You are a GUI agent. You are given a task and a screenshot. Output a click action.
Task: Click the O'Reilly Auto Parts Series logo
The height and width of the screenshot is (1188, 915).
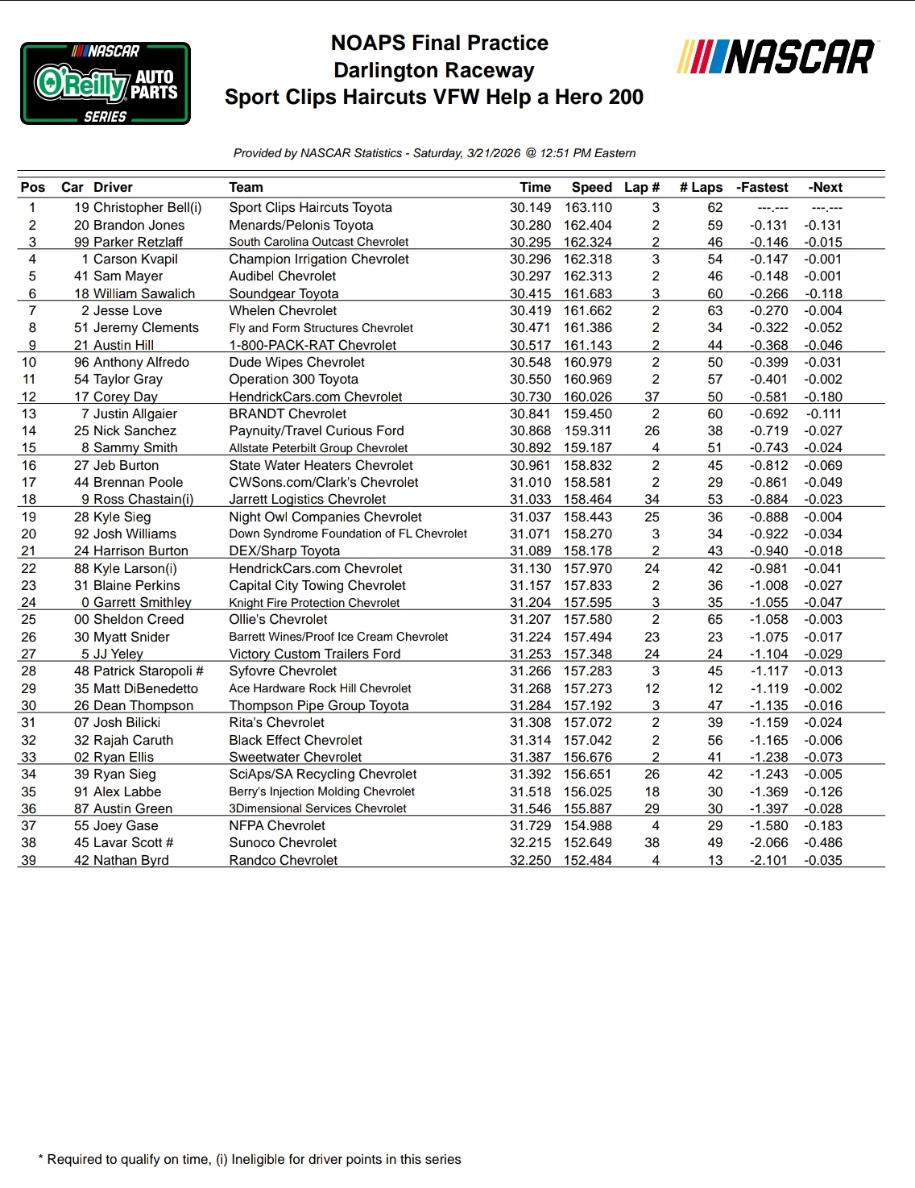(x=106, y=84)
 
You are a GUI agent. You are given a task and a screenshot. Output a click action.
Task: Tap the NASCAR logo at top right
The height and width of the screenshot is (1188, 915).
(x=777, y=57)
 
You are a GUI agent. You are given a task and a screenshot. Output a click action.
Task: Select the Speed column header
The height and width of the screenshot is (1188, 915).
(x=591, y=188)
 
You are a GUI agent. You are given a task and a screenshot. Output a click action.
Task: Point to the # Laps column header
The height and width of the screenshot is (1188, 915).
(x=701, y=188)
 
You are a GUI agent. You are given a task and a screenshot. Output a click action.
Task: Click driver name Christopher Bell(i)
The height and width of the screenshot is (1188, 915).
(x=147, y=208)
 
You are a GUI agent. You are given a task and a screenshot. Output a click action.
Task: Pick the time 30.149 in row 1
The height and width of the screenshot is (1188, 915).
(x=530, y=208)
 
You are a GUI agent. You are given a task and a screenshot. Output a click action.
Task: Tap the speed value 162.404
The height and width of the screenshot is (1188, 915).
(x=587, y=226)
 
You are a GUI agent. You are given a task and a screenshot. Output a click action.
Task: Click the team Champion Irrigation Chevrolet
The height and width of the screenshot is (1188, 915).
(x=318, y=260)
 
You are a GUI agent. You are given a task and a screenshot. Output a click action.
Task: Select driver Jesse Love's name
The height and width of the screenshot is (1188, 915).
(x=127, y=311)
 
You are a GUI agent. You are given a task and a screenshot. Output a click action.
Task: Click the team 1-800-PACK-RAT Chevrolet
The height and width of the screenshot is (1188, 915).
(x=313, y=346)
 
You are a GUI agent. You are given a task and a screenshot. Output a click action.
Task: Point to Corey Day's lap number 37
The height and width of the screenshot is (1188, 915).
(x=652, y=397)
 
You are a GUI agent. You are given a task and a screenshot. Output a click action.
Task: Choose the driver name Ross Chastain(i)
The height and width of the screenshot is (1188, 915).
(x=143, y=500)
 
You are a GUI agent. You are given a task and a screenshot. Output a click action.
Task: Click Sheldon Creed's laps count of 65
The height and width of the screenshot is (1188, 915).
(x=714, y=620)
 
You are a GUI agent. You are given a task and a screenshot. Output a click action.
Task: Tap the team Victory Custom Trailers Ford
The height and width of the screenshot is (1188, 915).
(x=314, y=654)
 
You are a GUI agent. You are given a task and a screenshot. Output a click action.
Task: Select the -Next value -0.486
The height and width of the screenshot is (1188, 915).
(x=822, y=843)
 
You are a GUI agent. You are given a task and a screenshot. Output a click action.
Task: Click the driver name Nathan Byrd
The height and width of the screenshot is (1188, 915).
(x=131, y=861)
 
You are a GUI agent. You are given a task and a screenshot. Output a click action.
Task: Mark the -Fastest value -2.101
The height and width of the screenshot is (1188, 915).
(x=768, y=861)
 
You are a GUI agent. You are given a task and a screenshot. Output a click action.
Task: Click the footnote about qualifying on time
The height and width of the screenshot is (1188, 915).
(x=250, y=1160)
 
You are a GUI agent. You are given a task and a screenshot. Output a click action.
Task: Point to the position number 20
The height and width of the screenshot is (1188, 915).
(x=29, y=534)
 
